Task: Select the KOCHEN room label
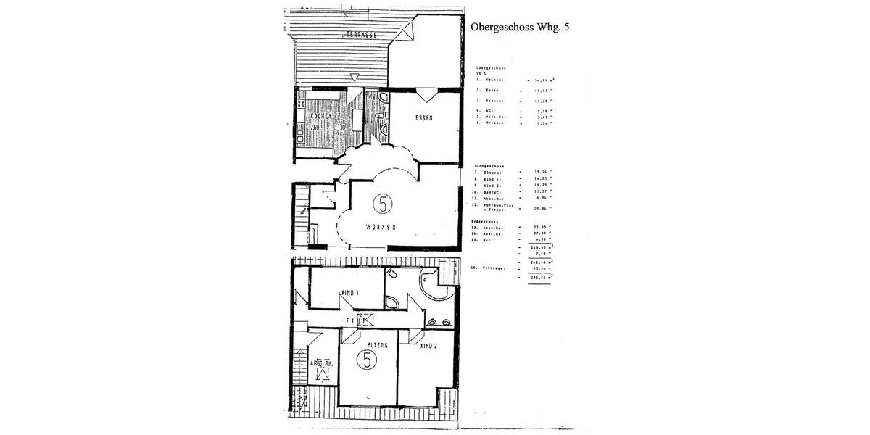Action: click(x=321, y=116)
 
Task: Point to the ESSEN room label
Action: click(x=425, y=119)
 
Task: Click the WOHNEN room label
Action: click(x=380, y=227)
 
